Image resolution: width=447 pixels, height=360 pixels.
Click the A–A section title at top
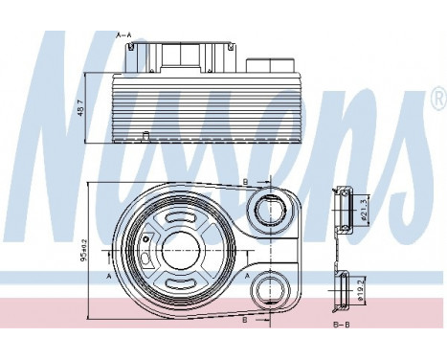click(123, 34)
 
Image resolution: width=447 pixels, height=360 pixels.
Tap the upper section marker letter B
click(245, 180)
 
